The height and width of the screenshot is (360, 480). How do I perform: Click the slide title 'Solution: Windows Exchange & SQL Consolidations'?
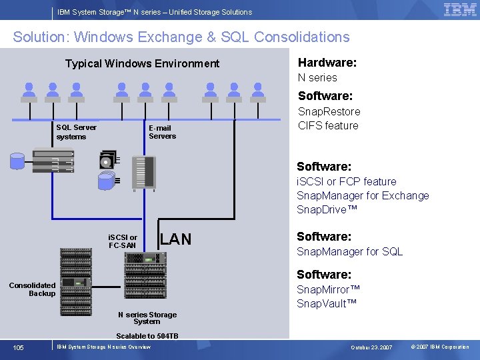pos(181,37)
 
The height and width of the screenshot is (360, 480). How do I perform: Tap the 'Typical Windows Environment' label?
pos(142,64)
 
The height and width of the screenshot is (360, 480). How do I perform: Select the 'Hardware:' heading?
pos(327,63)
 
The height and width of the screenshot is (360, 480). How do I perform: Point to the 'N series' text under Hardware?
pos(317,77)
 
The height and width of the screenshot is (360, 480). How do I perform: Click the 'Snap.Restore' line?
pos(329,111)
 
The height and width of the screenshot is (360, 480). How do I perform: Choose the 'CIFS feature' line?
pos(328,125)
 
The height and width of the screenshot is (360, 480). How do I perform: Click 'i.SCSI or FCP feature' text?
pos(346,181)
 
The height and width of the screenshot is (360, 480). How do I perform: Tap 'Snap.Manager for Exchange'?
pos(363,195)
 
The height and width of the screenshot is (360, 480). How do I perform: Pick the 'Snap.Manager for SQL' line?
pos(349,251)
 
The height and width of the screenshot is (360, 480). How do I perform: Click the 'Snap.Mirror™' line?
pos(328,289)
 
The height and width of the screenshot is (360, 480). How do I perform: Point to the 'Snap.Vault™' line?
pos(327,303)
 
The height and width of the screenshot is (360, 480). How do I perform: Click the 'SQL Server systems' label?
pos(76,132)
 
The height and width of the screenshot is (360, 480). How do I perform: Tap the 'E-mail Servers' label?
pos(162,132)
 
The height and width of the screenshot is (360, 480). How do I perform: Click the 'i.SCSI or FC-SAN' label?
pos(123,241)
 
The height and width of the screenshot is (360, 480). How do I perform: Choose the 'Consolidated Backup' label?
pos(33,289)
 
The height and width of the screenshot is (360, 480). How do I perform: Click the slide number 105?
pos(18,347)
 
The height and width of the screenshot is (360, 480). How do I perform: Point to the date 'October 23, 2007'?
pos(371,347)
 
